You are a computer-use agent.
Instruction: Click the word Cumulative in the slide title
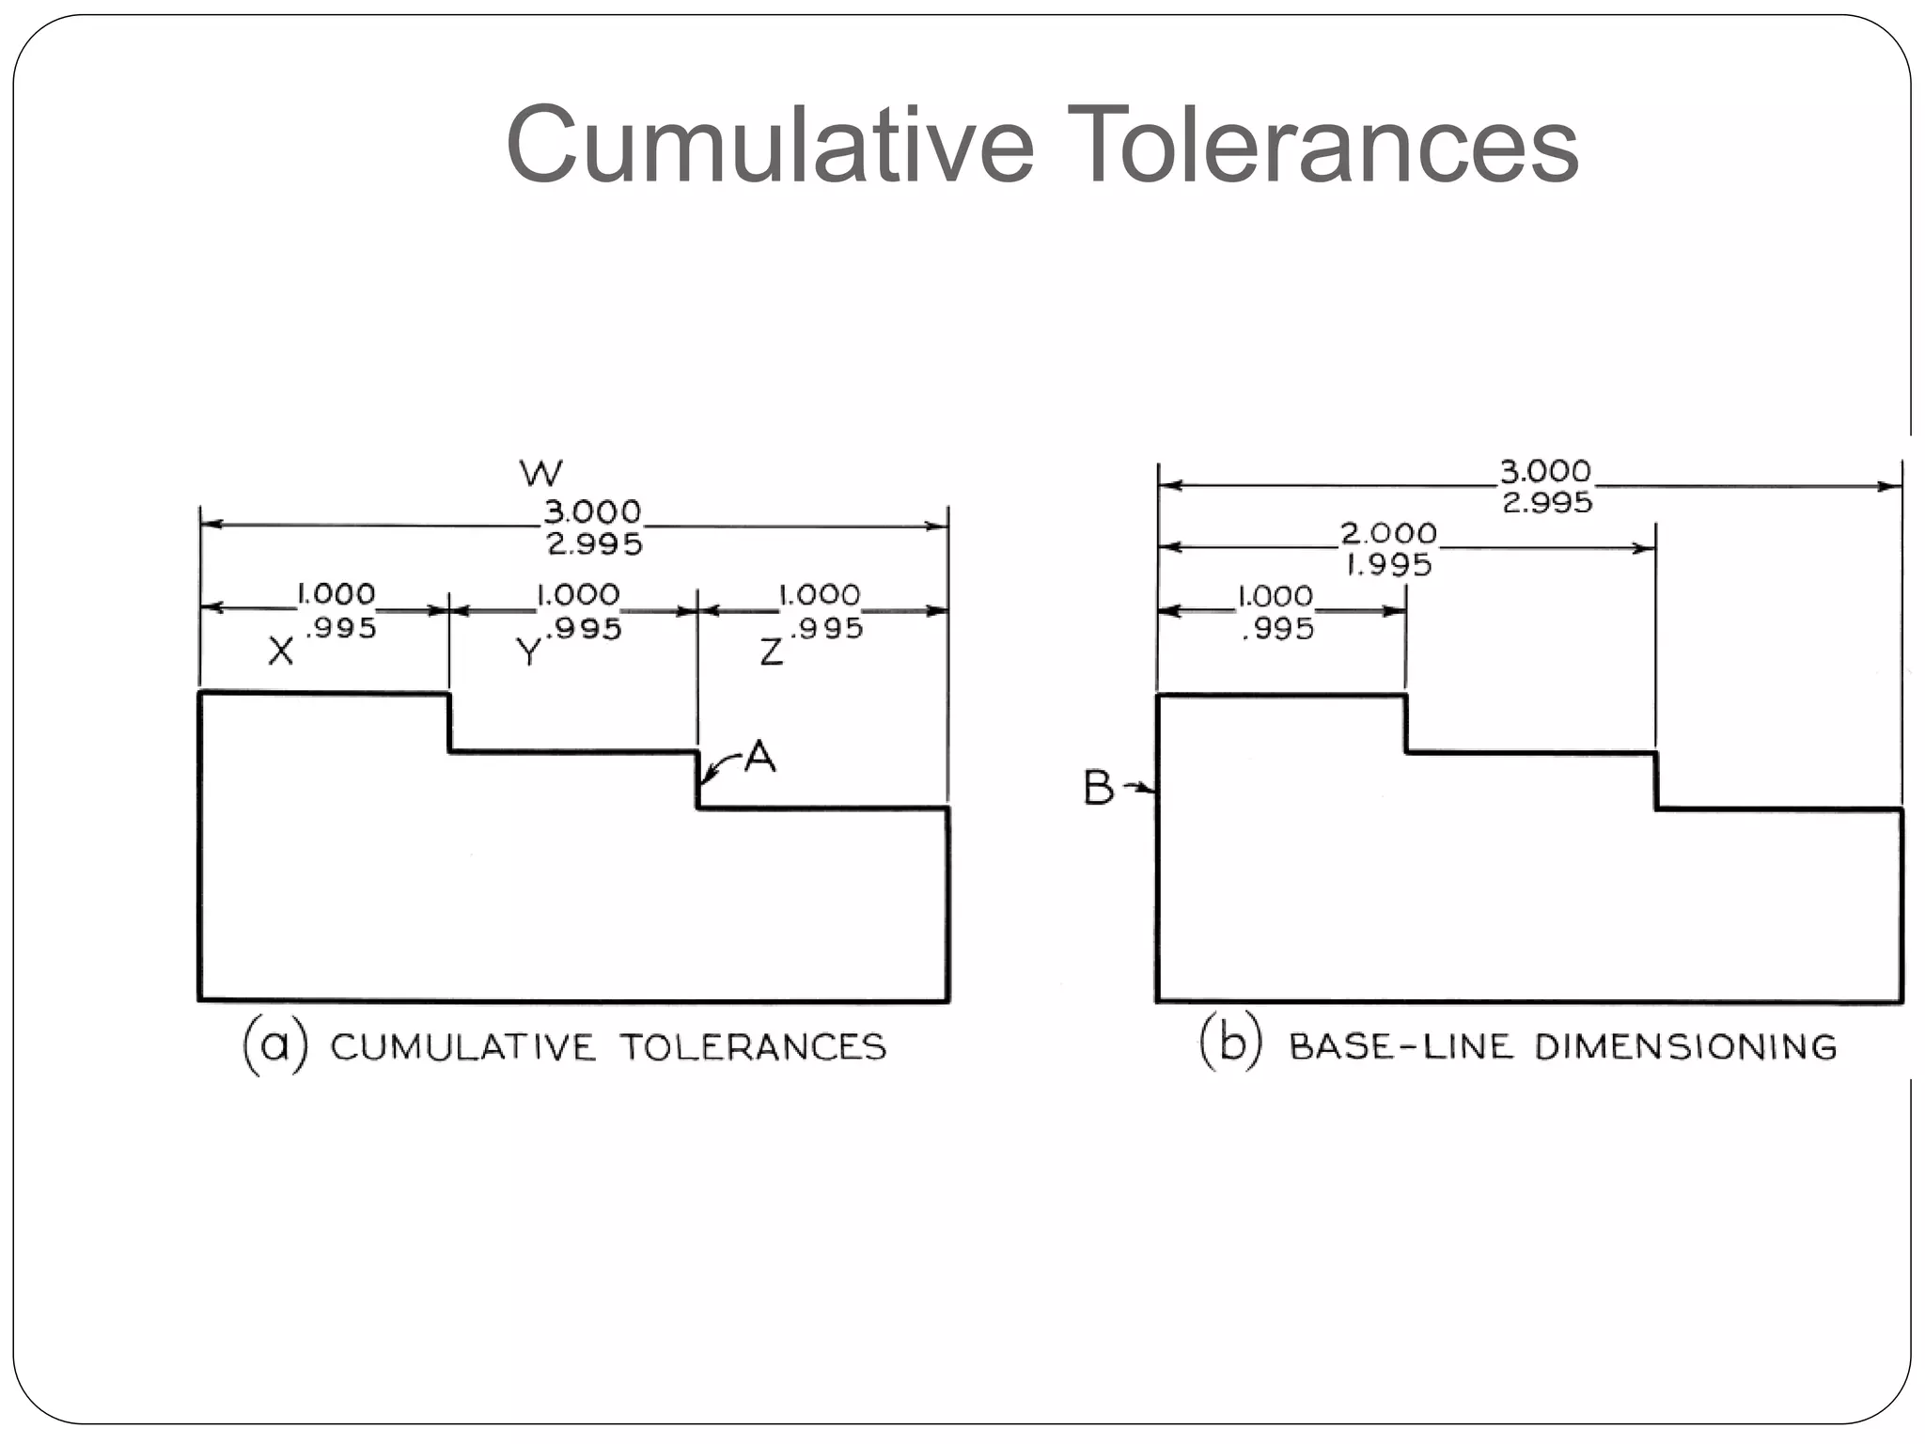coord(770,146)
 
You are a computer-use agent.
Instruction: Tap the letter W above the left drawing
coord(541,473)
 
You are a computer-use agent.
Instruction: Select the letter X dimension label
coord(280,651)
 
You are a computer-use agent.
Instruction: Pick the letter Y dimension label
coord(529,651)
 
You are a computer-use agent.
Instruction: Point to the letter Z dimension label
coord(771,651)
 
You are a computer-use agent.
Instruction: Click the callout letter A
coord(759,757)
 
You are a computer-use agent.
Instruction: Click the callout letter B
coord(1098,788)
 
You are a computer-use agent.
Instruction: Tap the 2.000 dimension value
coord(1388,533)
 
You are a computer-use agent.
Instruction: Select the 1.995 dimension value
coord(1389,565)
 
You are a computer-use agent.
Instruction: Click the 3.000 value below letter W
coord(592,512)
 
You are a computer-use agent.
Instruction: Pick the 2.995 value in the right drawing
coord(1547,503)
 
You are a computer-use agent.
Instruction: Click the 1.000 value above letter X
coord(336,594)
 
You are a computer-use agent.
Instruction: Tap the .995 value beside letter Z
coord(827,628)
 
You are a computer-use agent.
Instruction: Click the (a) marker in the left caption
coord(274,1045)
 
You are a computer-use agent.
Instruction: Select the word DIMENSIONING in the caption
coord(1685,1046)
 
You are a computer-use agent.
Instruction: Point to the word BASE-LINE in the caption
coord(1401,1046)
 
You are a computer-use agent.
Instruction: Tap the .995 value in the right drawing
coord(1278,628)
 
